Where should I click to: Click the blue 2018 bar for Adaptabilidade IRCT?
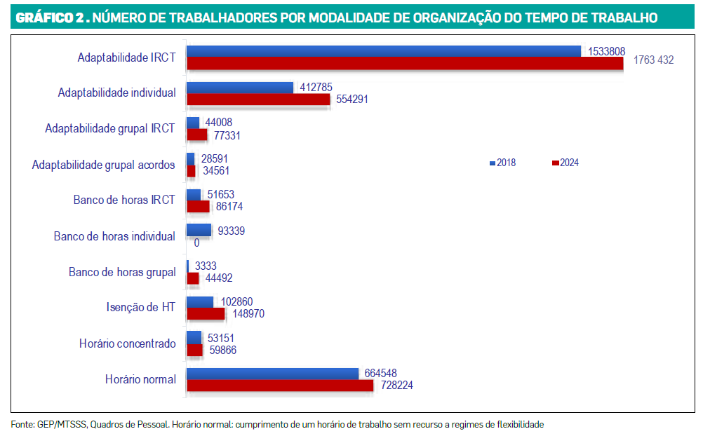[384, 52]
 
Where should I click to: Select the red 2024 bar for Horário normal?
[280, 386]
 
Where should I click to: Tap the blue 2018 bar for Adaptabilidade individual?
[240, 88]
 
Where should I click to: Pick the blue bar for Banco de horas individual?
[199, 230]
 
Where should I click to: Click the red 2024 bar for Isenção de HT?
[206, 313]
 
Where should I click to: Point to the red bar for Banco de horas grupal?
[193, 278]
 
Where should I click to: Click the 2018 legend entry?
[502, 163]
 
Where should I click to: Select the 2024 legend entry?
[565, 163]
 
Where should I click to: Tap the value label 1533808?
[607, 52]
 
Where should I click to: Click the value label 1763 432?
[654, 60]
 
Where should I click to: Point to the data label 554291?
[352, 99]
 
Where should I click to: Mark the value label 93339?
[232, 231]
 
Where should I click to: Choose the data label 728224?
[397, 386]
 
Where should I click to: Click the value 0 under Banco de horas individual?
[197, 243]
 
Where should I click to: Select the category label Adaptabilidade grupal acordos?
[104, 165]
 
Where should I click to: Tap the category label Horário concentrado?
[127, 343]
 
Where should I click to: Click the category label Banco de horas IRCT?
[124, 200]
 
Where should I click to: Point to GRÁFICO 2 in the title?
[50, 18]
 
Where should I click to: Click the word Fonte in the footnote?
[22, 424]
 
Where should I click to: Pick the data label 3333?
[206, 266]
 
